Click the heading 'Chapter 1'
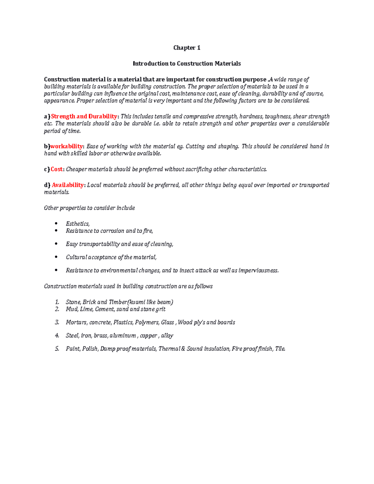[187, 48]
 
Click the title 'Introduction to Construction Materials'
[187, 64]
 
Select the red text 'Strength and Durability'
[84, 117]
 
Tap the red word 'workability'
[67, 146]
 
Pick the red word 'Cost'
[56, 169]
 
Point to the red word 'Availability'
[67, 185]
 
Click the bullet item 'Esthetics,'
[78, 224]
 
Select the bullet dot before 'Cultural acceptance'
[56, 257]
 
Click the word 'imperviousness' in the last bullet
[258, 271]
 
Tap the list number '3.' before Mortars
[57, 323]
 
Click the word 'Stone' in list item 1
[73, 302]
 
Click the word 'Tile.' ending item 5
[280, 349]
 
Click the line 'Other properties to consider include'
[89, 208]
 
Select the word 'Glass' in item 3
[167, 323]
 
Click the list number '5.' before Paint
[57, 349]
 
